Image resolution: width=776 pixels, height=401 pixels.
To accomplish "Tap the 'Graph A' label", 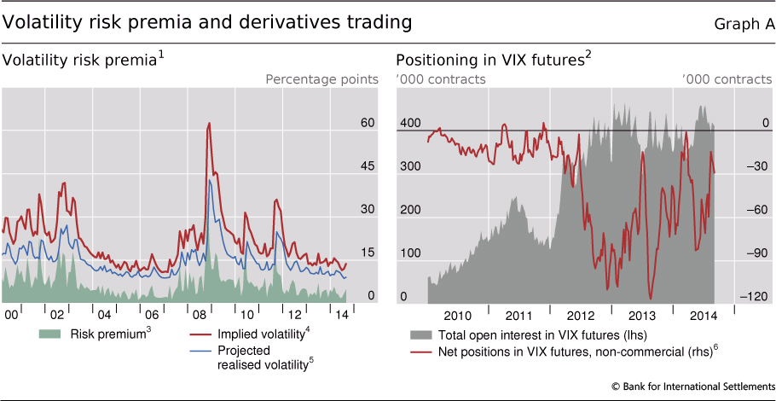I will coord(744,25).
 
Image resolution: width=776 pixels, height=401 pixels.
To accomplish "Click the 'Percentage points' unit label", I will coord(321,79).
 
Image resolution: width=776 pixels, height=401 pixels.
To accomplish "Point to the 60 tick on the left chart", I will coord(368,123).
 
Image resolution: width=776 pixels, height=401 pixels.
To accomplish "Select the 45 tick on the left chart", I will coord(368,166).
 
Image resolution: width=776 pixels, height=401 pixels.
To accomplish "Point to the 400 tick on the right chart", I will coord(410,123).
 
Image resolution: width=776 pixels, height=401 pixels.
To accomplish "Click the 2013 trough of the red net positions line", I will coord(651,299).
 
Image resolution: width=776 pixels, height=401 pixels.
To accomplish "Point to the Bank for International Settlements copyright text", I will coord(693,386).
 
